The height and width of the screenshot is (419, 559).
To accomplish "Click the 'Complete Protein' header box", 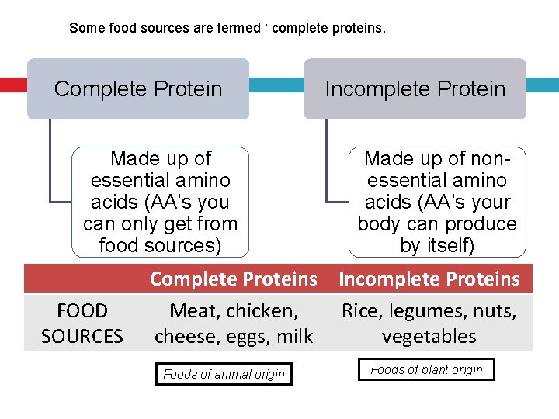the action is pos(138,88).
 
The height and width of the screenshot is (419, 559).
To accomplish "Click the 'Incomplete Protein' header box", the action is pos(415,88).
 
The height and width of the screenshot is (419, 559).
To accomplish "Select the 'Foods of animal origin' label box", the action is pos(224,374).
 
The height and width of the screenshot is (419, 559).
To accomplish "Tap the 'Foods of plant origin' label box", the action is pos(426,370).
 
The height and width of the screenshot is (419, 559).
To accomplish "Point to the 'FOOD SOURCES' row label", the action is pos(82,324).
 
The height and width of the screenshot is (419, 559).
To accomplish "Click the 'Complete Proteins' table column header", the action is pos(234,279).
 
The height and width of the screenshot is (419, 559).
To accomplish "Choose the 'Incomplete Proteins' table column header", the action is pos(429,279).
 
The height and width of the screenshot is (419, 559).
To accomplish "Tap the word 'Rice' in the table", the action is pos(361,311).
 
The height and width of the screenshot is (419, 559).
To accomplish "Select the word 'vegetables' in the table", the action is pos(429,336).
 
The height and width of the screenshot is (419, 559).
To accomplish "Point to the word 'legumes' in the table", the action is pos(424,311).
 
